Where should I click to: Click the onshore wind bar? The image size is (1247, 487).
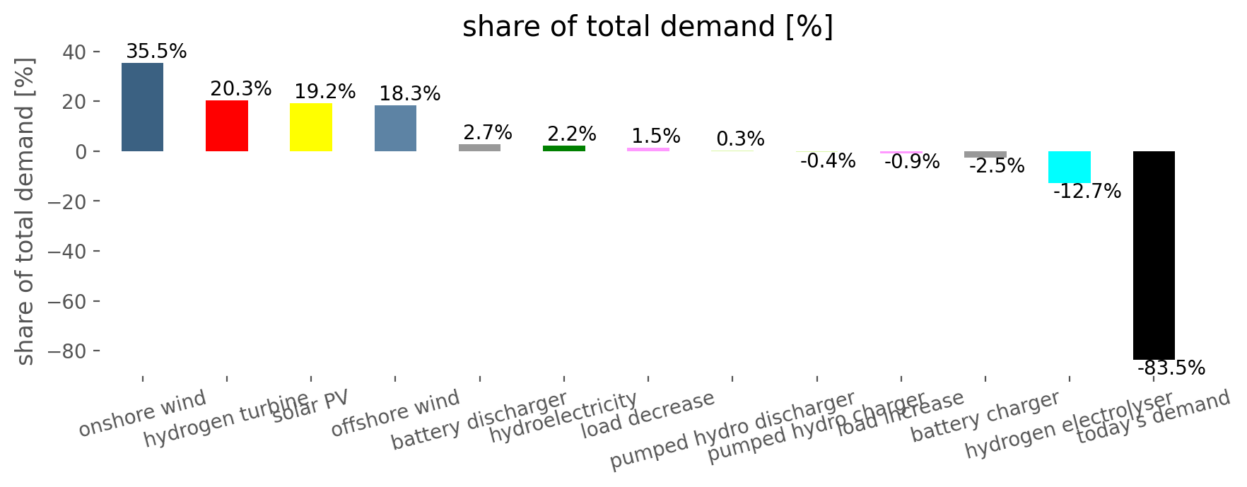click(x=142, y=107)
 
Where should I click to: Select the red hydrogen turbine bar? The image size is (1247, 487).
click(x=227, y=126)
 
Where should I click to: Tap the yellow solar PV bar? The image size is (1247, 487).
click(x=311, y=127)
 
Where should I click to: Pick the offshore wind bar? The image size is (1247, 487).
click(x=395, y=128)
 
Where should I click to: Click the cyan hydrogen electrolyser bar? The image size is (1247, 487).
click(x=1069, y=167)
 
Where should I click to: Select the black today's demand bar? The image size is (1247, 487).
click(x=1154, y=254)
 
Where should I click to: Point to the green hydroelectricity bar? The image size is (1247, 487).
click(x=564, y=148)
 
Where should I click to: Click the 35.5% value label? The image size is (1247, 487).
click(x=156, y=52)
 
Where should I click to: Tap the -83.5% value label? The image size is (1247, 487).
click(x=1171, y=368)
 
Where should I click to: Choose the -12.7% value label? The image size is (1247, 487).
click(x=1087, y=192)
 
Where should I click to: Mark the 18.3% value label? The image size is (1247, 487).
click(x=410, y=94)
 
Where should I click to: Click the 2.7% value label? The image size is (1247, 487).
click(x=488, y=133)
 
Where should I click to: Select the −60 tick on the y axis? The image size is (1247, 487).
click(x=68, y=302)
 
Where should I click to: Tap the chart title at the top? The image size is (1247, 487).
click(x=648, y=27)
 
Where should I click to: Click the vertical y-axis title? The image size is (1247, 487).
click(x=25, y=212)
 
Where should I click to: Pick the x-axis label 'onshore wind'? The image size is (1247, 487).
click(x=142, y=413)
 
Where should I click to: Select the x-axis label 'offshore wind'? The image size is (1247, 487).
click(x=395, y=413)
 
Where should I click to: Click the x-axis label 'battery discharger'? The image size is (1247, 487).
click(x=479, y=421)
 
